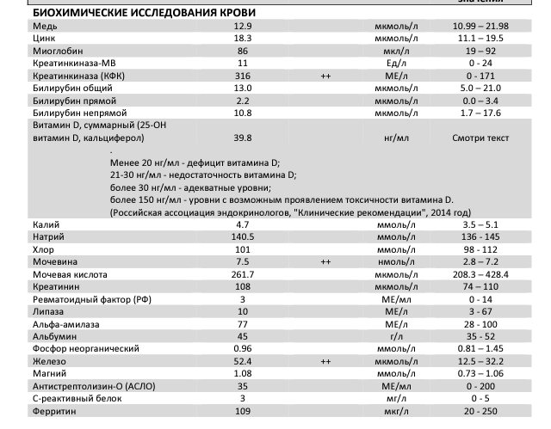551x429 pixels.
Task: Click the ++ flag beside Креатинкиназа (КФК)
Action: [x=326, y=76]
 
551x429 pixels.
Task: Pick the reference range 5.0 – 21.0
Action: [x=481, y=88]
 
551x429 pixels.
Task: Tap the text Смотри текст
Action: [x=481, y=138]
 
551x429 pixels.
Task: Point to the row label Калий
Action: [x=44, y=224]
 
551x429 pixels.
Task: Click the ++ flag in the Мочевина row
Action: [x=326, y=260]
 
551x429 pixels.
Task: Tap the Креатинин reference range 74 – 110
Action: [x=481, y=285]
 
